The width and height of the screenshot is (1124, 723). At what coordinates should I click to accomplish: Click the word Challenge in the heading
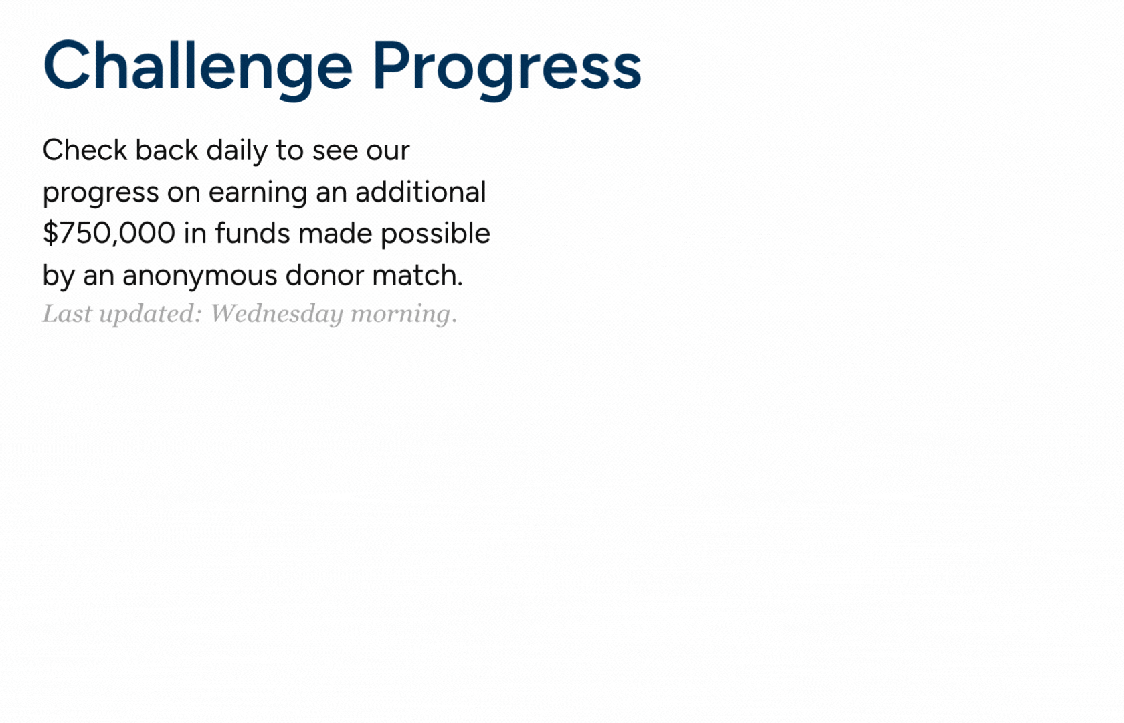click(x=197, y=66)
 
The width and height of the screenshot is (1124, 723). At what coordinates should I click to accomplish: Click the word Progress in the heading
click(x=506, y=66)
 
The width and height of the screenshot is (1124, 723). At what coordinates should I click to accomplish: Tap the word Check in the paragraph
click(x=84, y=150)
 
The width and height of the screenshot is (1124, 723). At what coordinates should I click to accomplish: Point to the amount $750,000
click(x=108, y=234)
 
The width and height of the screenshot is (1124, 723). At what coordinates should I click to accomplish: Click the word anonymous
click(x=199, y=275)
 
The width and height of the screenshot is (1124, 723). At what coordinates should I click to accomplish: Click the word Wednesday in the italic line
click(x=276, y=313)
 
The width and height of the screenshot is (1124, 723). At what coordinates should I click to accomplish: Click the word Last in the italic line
click(x=67, y=313)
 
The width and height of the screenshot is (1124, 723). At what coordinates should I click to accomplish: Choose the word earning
click(x=258, y=193)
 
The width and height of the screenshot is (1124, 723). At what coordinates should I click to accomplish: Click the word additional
click(x=420, y=192)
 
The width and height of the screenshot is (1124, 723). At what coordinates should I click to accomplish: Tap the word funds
click(x=252, y=234)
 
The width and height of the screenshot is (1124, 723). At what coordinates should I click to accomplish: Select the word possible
click(x=435, y=234)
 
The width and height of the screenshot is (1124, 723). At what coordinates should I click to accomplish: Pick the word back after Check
click(x=167, y=150)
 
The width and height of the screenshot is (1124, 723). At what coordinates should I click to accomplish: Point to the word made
click(x=335, y=234)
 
